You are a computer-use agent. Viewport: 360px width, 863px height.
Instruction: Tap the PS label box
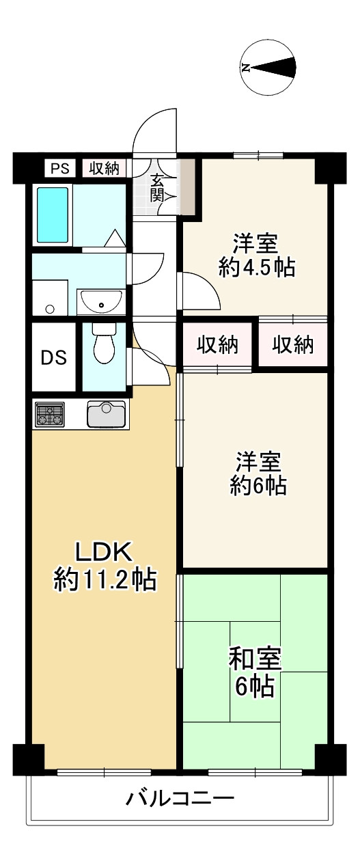coord(60,168)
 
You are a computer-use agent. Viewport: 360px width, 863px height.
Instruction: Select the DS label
coord(54,357)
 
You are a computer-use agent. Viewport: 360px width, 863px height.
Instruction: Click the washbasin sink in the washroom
coord(101,299)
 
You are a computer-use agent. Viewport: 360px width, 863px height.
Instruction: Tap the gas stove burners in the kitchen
coord(49,414)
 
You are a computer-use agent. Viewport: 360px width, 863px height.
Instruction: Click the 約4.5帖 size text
coord(256,267)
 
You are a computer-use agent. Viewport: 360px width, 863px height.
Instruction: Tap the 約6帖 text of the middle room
coord(258,486)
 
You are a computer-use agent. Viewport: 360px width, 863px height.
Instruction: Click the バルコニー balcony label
coord(180,797)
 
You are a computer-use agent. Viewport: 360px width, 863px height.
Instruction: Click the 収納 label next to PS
coord(105,168)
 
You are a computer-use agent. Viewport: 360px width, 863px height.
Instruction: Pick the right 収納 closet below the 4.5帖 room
coord(293,345)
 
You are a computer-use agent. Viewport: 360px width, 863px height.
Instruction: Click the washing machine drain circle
coord(49,309)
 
